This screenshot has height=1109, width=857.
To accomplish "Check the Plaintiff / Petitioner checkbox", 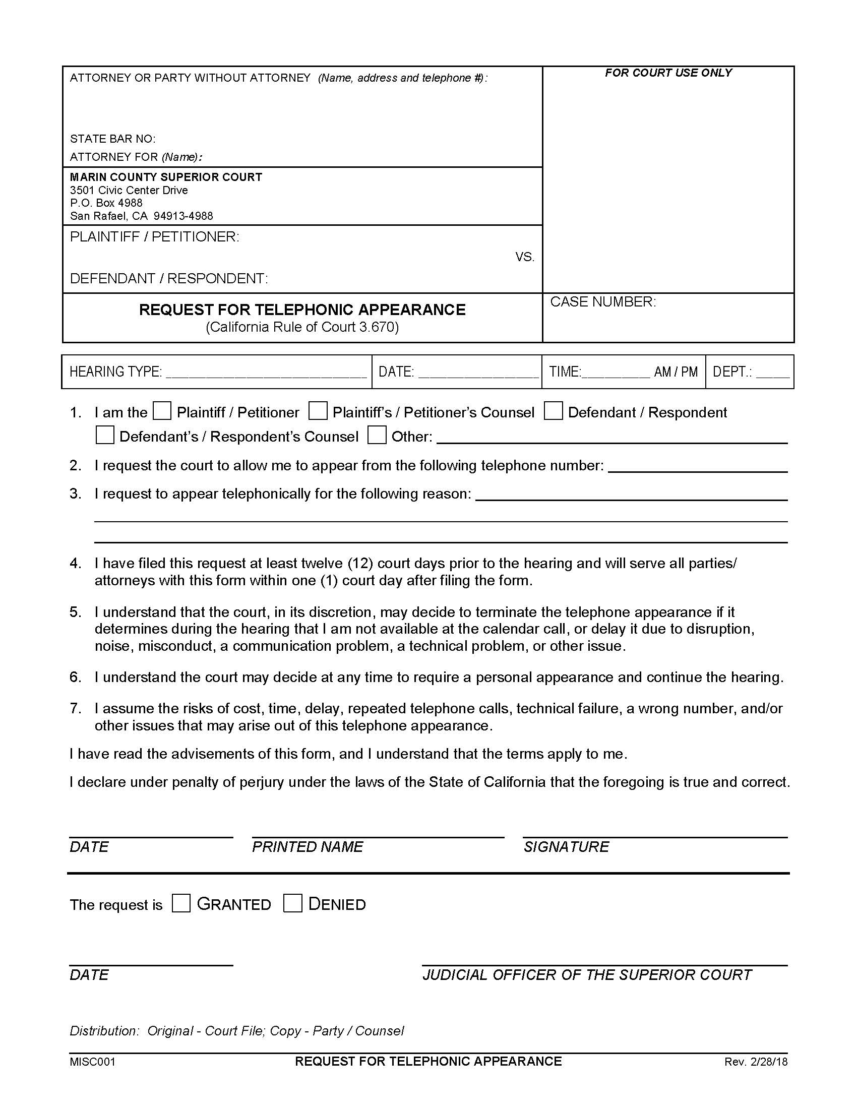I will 162,411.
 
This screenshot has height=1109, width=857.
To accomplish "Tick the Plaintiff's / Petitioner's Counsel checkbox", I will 318,411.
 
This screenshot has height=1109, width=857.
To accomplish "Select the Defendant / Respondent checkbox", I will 553,411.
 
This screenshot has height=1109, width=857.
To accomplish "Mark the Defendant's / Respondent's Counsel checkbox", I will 104,435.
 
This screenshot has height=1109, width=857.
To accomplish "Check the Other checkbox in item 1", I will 377,435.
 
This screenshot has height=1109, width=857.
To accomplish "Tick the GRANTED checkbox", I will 181,903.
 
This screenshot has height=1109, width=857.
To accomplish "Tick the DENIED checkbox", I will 292,903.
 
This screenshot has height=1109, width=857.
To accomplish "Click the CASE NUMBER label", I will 602,302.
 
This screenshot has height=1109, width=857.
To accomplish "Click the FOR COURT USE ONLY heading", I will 667,73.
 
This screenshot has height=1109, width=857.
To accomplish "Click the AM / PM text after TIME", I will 675,372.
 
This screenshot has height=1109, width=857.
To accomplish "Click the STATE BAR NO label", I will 113,139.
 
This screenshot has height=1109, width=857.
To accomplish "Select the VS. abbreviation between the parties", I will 524,258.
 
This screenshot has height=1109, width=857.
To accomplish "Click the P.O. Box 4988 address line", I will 106,203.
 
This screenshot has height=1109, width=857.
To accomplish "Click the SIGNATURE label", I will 566,847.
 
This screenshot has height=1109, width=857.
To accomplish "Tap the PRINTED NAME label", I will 307,847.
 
